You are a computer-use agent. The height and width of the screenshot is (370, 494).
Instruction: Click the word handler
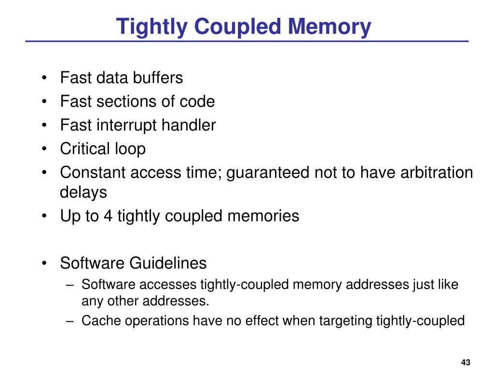click(189, 125)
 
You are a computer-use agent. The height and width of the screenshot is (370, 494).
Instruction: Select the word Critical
click(85, 149)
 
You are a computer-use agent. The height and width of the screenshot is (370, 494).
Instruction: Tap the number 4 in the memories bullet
click(108, 216)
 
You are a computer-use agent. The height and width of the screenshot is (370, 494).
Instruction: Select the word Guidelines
click(168, 263)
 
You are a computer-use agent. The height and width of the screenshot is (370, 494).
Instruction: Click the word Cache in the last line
click(97, 320)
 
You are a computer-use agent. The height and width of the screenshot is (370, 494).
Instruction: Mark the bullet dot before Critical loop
click(44, 149)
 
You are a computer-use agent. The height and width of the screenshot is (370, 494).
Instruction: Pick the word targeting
click(339, 320)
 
